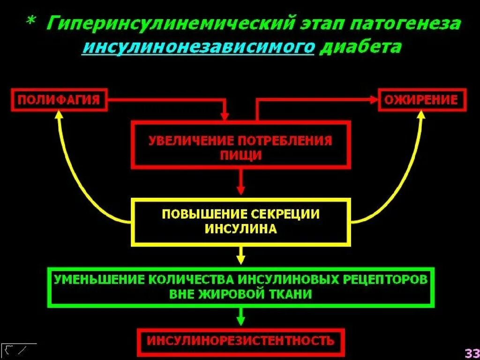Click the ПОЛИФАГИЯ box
click(x=59, y=100)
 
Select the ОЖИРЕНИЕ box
click(x=422, y=100)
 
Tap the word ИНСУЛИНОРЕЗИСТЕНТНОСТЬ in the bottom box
click(x=241, y=340)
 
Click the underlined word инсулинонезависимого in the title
click(x=197, y=47)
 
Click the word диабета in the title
click(x=360, y=47)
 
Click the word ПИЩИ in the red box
click(x=241, y=155)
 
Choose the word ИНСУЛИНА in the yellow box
click(x=241, y=229)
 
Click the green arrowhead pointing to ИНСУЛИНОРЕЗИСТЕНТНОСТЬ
click(x=241, y=322)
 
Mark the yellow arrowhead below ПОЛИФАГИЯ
click(x=59, y=115)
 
